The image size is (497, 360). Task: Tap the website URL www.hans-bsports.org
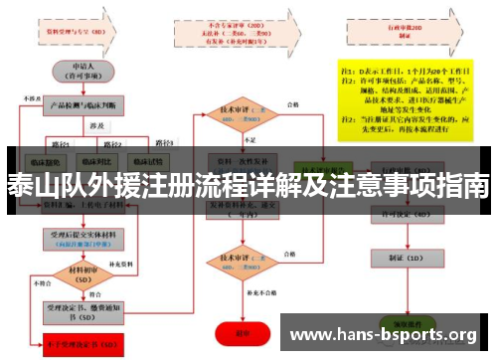pyautogui.click(x=383, y=334)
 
